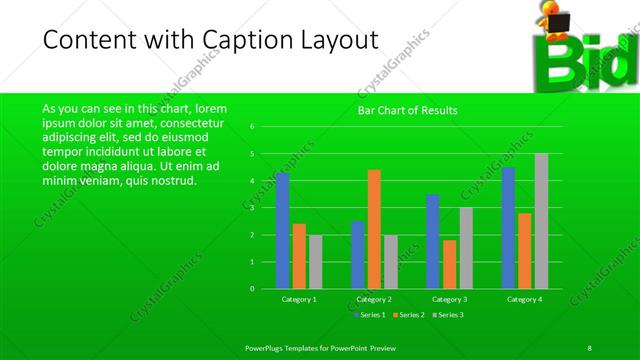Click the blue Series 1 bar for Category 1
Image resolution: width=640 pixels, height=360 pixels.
coord(283,230)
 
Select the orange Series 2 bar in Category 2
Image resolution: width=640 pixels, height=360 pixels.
coord(374,229)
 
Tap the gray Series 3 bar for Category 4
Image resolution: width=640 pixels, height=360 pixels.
coord(541,221)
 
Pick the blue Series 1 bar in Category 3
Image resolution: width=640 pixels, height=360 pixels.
coord(433,241)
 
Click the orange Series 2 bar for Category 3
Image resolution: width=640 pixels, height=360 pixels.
coord(449,264)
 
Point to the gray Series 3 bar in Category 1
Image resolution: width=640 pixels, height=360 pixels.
coord(315,261)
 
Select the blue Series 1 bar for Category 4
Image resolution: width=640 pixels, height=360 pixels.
coord(508,228)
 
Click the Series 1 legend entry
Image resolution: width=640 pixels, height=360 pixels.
coord(371,315)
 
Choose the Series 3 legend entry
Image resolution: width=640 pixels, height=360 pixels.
coord(448,315)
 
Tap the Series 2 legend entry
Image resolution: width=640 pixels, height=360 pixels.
coord(410,315)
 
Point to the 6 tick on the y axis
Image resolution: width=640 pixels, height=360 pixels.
coord(253,127)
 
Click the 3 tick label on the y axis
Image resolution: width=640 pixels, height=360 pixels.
coord(253,208)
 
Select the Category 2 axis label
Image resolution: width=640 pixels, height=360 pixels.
coord(374,299)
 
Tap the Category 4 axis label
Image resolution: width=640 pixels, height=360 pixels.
coord(524,299)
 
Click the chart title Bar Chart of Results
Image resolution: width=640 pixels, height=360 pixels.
coord(408,110)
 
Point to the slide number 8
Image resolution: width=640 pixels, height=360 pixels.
coord(590,346)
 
